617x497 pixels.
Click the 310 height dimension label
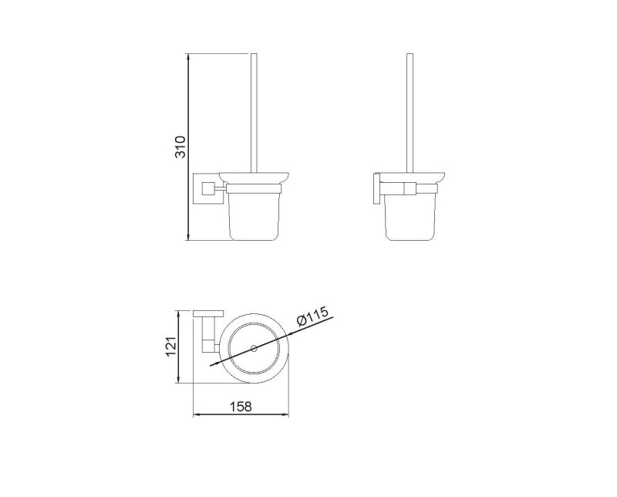tap(180, 147)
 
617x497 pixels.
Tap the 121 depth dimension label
tap(170, 347)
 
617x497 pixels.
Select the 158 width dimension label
tap(241, 406)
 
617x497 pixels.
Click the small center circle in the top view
tap(254, 348)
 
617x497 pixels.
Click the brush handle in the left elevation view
tap(254, 113)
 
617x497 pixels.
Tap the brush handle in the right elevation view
tap(410, 113)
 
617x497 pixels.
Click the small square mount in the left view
tap(207, 188)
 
